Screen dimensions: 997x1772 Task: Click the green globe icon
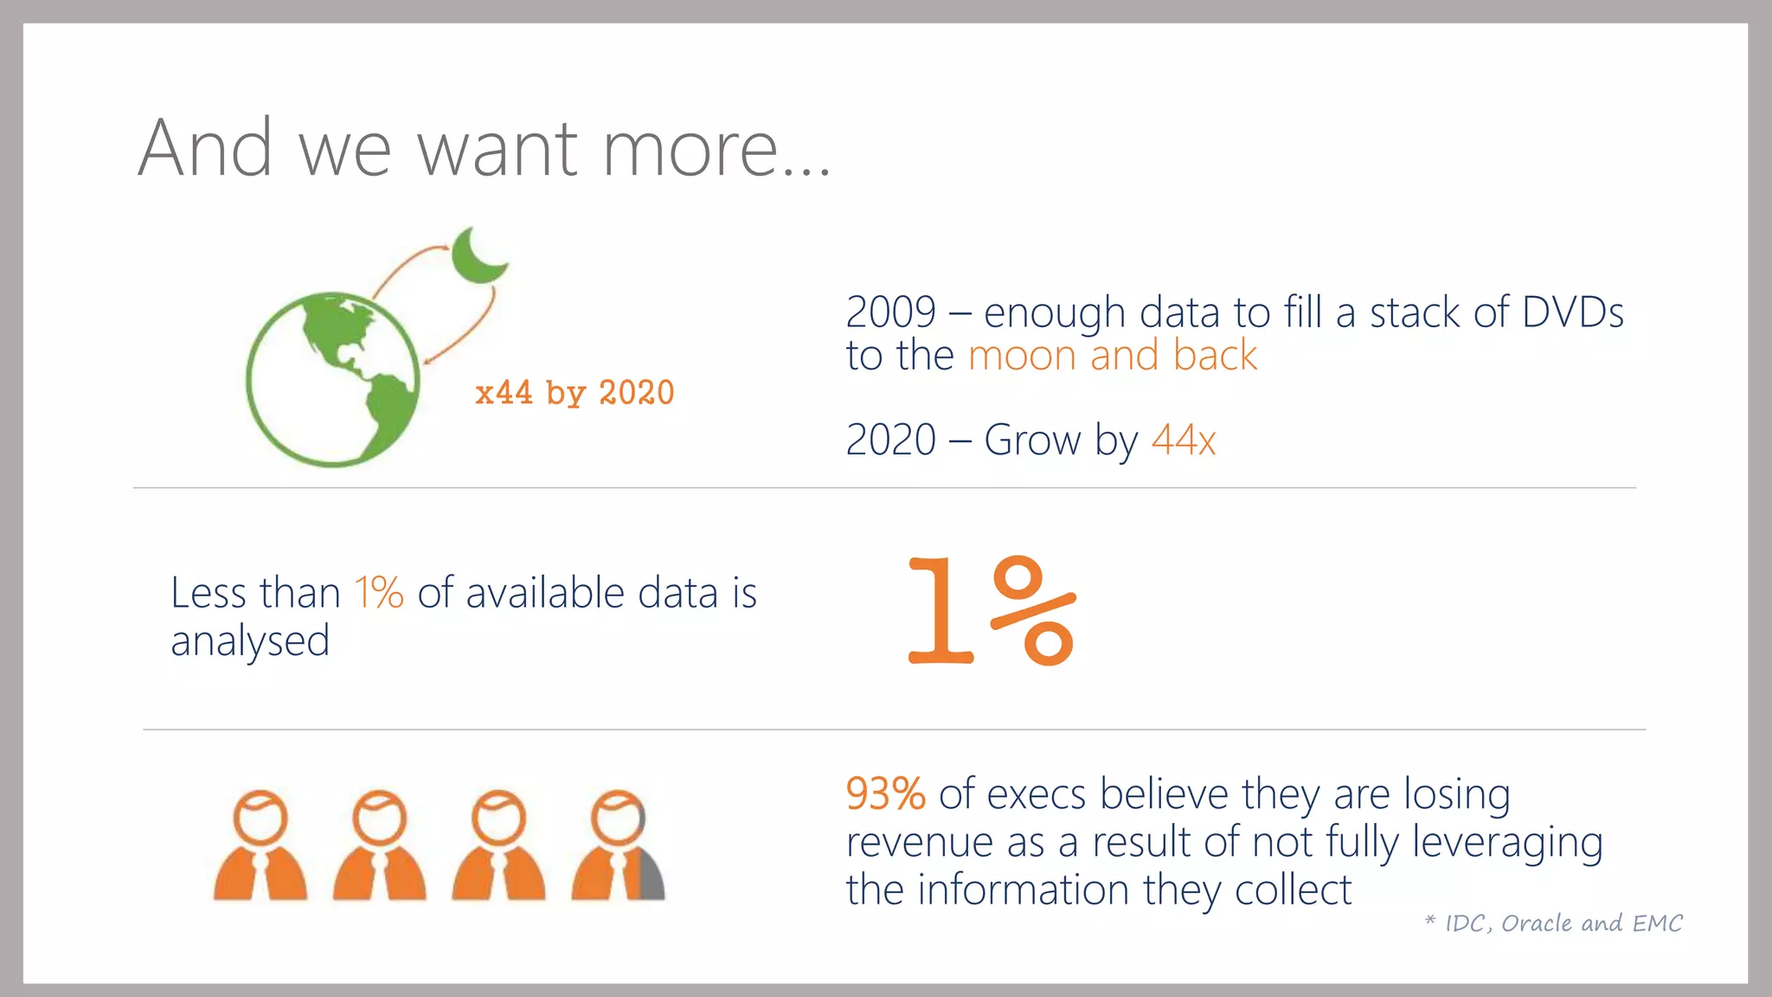[x=334, y=379]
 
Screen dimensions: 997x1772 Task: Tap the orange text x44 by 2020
[x=575, y=393]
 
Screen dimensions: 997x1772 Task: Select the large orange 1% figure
[x=992, y=611]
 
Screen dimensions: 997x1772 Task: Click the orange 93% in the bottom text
[x=885, y=794]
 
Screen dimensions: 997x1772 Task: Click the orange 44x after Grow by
[x=1183, y=440]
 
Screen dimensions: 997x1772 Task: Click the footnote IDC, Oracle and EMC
[x=1555, y=923]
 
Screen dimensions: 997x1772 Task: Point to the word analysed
[x=250, y=641]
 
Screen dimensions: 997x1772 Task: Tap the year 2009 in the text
[x=890, y=312]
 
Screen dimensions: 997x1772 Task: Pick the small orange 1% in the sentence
[x=379, y=594]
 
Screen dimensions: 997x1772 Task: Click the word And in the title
[x=206, y=149]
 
